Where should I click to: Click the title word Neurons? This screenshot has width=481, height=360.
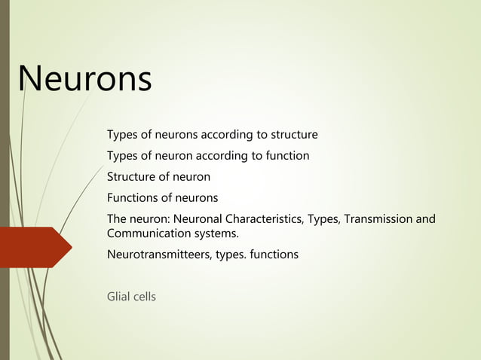coord(84,79)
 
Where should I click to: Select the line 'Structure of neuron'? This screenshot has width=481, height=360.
coord(158,177)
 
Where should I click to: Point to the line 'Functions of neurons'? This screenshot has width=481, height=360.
coord(162,198)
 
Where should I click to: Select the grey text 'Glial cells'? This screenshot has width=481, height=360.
coord(132,297)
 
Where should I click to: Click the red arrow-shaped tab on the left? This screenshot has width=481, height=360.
coord(35,247)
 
